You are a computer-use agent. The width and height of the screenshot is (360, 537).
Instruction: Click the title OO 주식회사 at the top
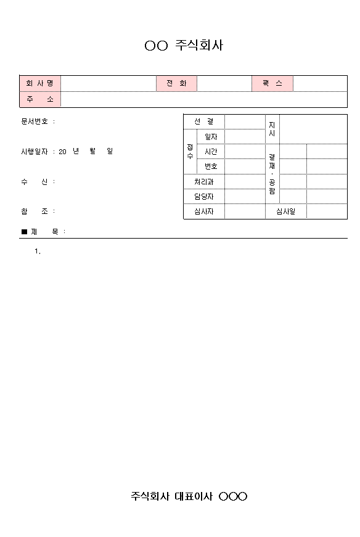[x=184, y=46]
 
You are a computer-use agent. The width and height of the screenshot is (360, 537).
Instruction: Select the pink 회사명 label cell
[x=40, y=83]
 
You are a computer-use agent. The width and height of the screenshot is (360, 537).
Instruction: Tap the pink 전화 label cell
[x=176, y=83]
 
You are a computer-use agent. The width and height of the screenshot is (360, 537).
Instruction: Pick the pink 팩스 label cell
[x=272, y=83]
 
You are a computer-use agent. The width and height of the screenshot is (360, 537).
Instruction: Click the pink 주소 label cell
[x=40, y=99]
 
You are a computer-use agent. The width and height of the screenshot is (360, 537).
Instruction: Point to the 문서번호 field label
[x=35, y=121]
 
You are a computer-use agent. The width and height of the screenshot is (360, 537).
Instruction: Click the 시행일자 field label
[x=35, y=151]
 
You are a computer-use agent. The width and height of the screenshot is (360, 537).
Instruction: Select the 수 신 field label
[x=35, y=181]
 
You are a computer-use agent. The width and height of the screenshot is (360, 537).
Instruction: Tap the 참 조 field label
[x=35, y=211]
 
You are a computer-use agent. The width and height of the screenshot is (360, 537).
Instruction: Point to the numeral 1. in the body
[x=38, y=251]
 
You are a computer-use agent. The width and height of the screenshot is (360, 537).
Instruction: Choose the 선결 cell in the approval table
[x=204, y=121]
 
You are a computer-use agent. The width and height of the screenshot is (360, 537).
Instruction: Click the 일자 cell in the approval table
[x=211, y=136]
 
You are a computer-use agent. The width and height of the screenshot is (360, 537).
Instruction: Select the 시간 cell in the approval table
[x=211, y=151]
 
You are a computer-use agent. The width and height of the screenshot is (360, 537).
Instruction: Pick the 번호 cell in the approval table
[x=211, y=166]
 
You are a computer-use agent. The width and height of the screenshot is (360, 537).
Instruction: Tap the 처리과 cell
[x=204, y=181]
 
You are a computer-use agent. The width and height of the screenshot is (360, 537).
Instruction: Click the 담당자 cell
[x=204, y=196]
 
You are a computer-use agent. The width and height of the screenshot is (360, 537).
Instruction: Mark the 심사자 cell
[x=204, y=211]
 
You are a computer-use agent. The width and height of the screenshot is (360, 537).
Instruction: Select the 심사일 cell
[x=286, y=211]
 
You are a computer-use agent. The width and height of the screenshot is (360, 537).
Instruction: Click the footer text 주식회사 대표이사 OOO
[x=189, y=496]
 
